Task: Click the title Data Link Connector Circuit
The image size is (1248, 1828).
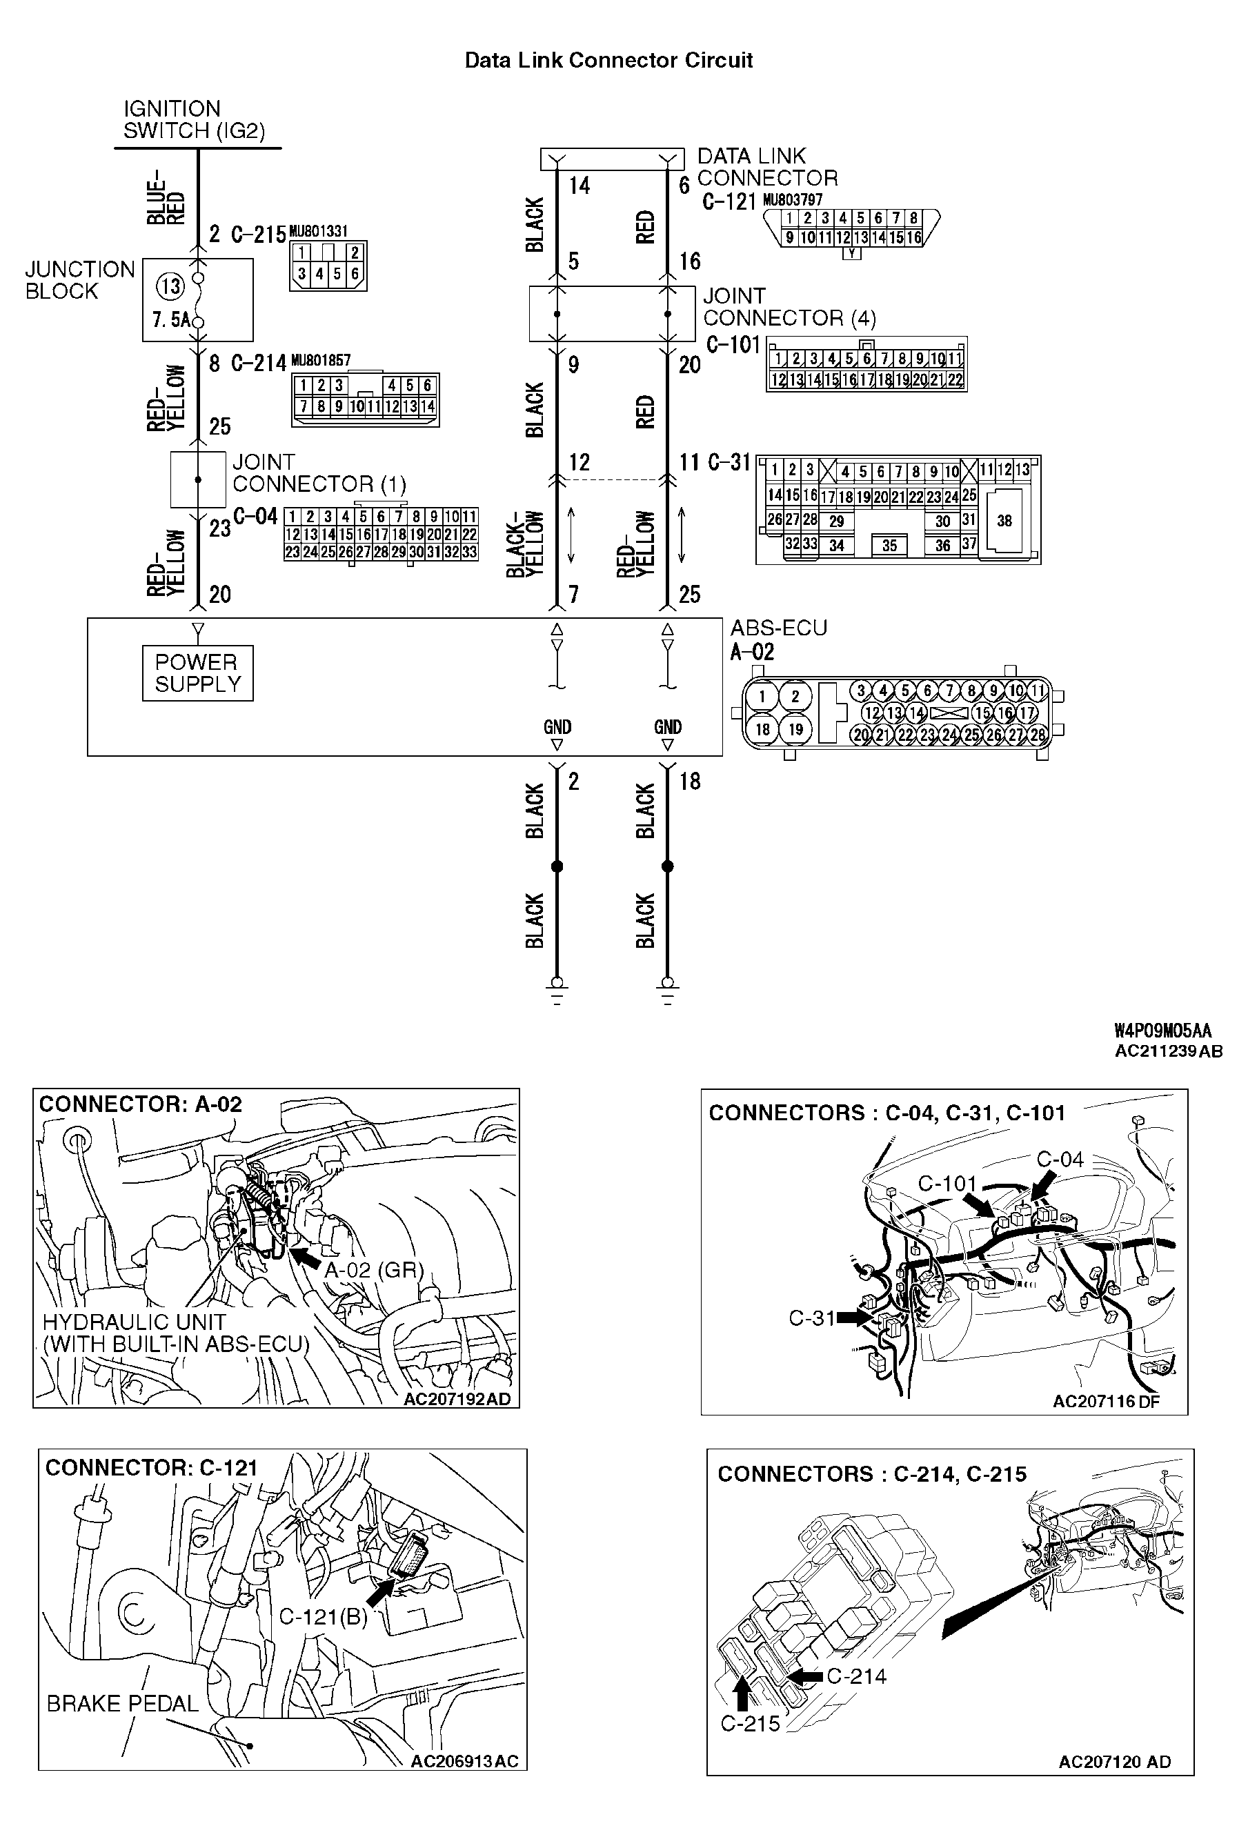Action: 608,61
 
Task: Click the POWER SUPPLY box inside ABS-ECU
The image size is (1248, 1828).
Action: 197,673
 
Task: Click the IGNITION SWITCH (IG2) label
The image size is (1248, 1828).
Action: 194,119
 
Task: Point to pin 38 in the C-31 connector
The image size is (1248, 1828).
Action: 1004,521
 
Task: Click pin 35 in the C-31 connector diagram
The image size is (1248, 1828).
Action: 889,546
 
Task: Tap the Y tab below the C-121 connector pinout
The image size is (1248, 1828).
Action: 851,254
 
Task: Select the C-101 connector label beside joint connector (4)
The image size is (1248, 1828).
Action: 733,346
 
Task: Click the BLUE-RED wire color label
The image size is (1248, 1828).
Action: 167,197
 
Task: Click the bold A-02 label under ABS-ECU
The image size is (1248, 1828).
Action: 752,652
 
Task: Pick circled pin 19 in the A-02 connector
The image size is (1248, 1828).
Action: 795,729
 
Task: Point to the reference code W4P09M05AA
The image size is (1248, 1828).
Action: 1162,1031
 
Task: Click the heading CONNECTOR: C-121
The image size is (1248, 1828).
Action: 151,1468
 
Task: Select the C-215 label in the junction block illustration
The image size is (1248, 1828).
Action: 750,1723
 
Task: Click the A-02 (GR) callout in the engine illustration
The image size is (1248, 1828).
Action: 374,1271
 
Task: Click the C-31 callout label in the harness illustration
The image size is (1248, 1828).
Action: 811,1318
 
